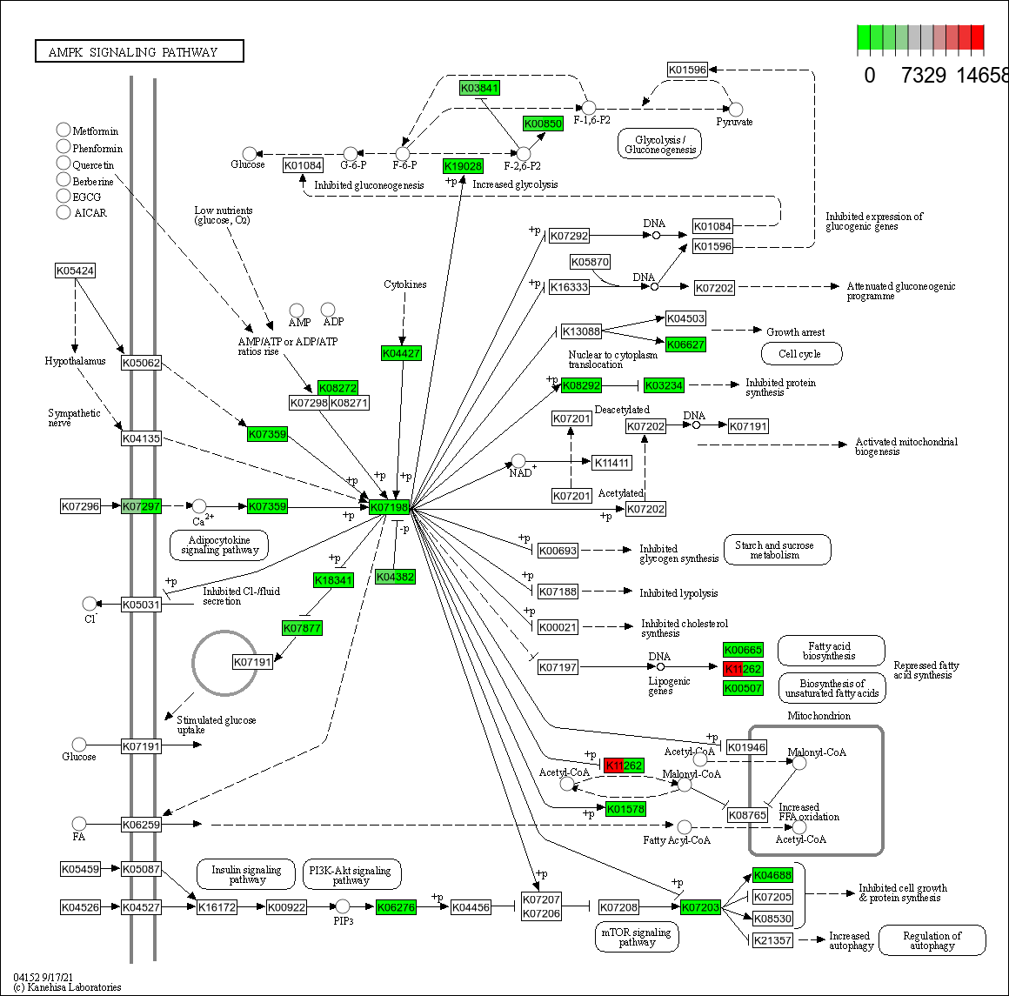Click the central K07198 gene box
tap(389, 507)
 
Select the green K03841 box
tap(479, 88)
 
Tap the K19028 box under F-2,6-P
tap(463, 166)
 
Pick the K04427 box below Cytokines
tap(401, 353)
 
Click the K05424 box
tap(75, 271)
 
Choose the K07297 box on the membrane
tap(141, 506)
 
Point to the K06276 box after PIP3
tap(396, 907)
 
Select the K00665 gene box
tap(743, 650)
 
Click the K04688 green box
tap(772, 875)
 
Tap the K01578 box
tap(625, 809)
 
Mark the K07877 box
tap(302, 627)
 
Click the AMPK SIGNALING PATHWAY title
tap(139, 52)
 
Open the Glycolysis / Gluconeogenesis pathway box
tap(659, 144)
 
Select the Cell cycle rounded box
tap(802, 354)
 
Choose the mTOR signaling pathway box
tap(637, 937)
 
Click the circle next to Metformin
tap(63, 130)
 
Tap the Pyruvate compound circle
tap(735, 110)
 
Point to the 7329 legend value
tap(923, 76)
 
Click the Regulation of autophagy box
tap(932, 940)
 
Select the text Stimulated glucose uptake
tap(216, 725)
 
